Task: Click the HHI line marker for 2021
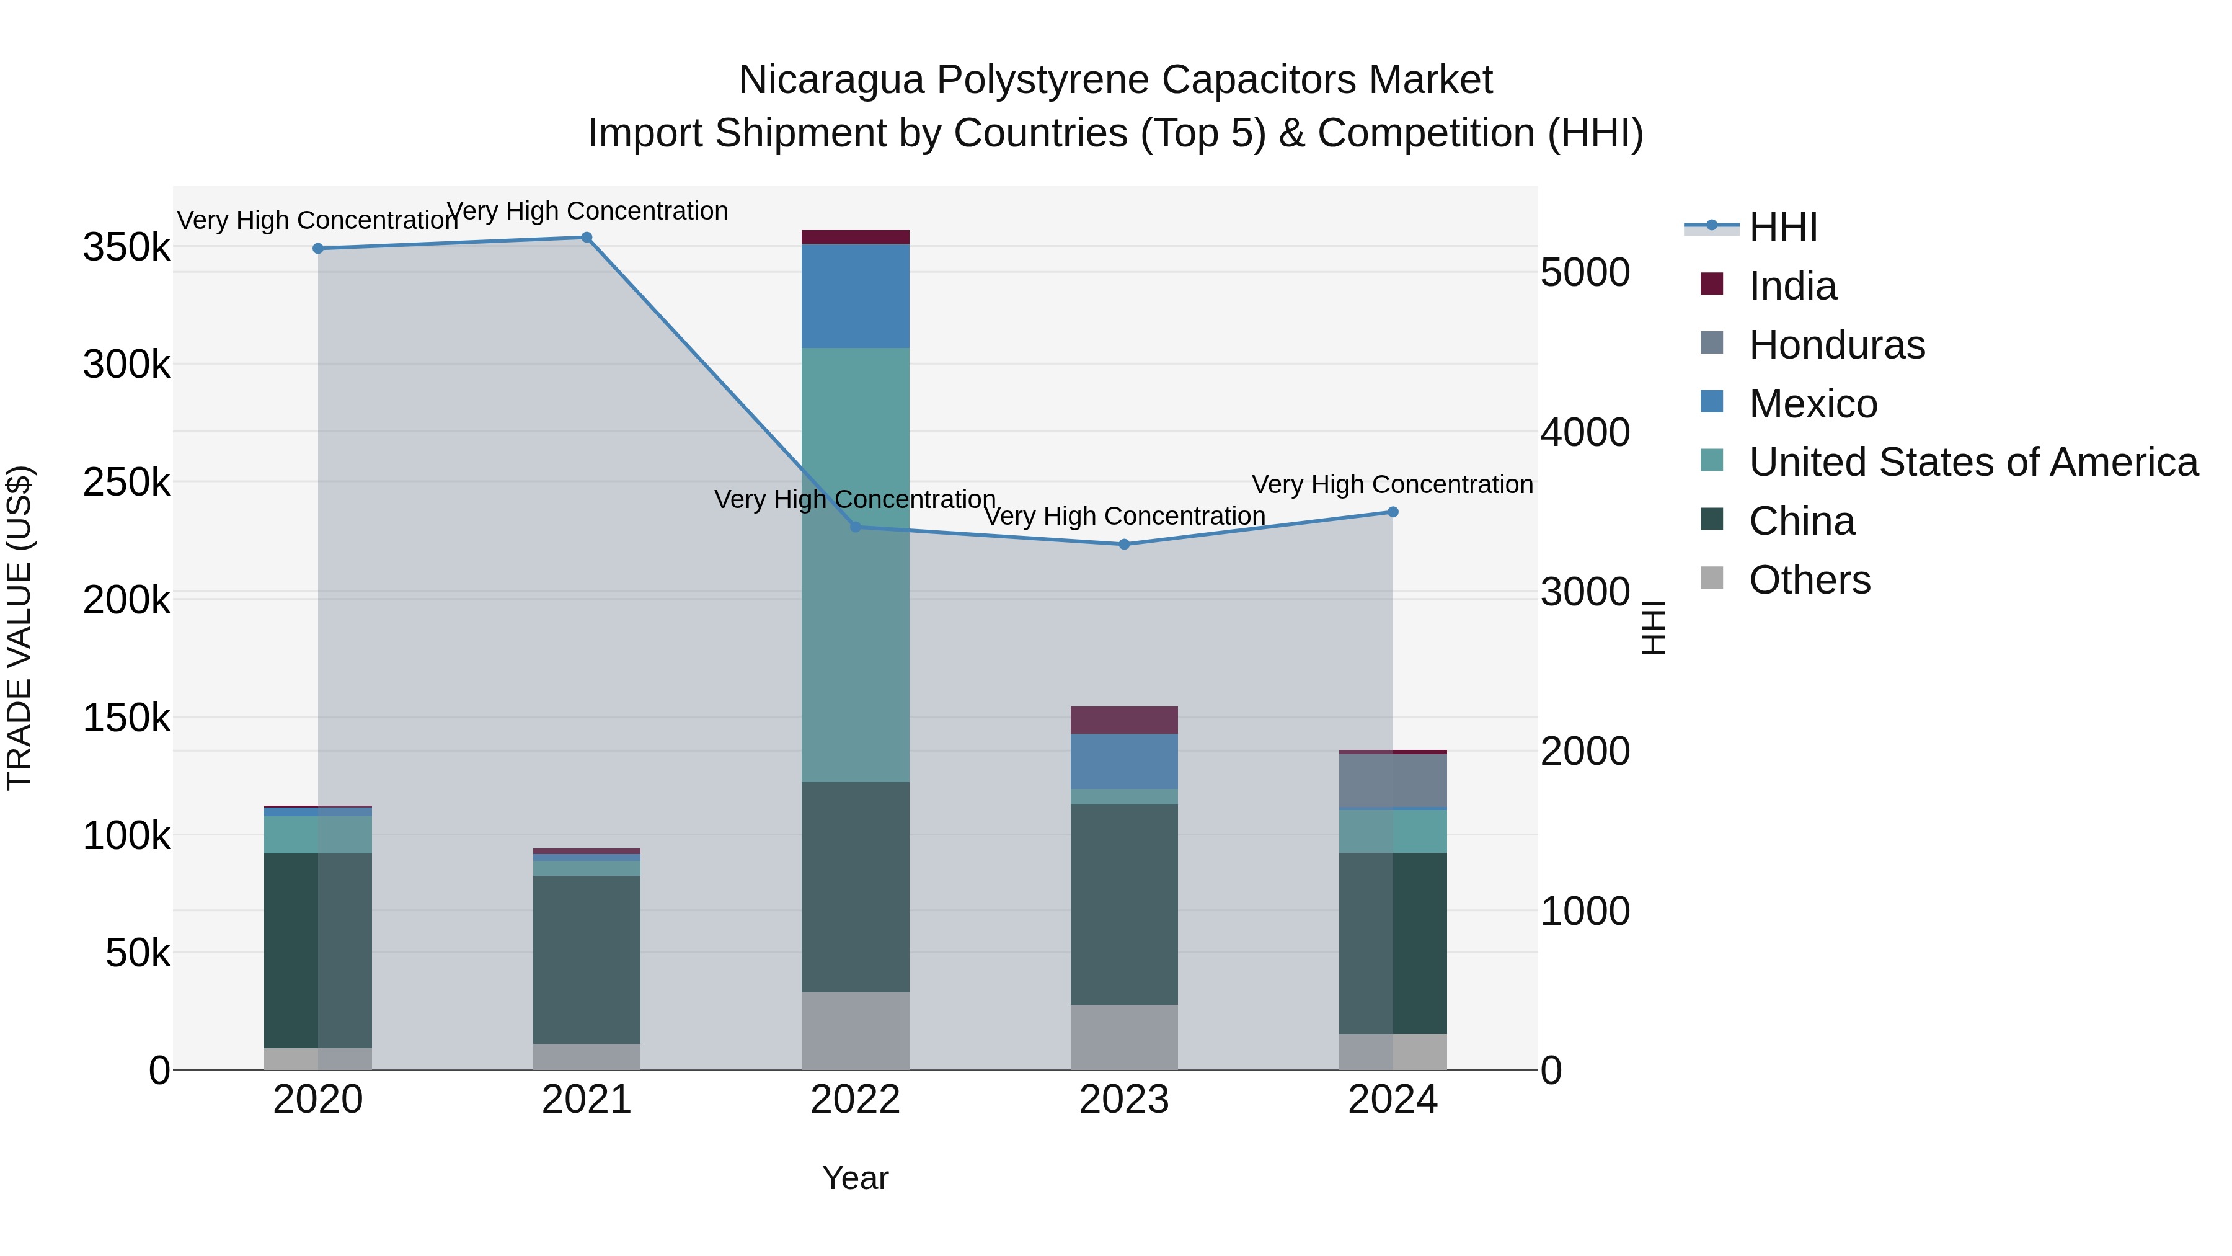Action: point(587,238)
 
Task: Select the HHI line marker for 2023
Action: point(1124,545)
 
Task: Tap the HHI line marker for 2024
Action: point(1393,512)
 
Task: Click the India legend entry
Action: point(1792,286)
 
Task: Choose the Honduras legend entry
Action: point(1836,345)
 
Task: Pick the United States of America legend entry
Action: point(1973,462)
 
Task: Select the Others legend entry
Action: point(1809,580)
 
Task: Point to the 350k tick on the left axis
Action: point(126,248)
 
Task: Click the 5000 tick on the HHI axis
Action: point(1585,272)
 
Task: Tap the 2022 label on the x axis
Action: point(855,1100)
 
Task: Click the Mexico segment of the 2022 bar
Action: point(855,296)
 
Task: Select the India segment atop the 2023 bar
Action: point(1124,720)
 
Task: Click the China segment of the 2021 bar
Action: point(587,959)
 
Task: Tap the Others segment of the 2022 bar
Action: point(855,1031)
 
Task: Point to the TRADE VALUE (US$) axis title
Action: point(19,628)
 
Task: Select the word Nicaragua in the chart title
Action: point(831,81)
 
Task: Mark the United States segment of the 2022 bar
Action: point(855,564)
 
